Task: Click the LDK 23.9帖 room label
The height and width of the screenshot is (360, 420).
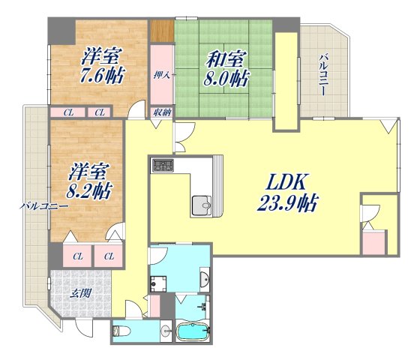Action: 287,192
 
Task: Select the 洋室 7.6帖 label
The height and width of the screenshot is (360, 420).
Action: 103,65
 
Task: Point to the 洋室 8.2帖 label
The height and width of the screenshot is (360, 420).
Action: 89,181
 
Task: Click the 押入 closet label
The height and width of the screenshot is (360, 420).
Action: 162,75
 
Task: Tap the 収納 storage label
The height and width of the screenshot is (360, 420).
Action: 162,112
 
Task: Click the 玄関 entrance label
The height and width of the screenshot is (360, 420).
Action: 79,293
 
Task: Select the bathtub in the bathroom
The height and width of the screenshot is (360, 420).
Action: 193,331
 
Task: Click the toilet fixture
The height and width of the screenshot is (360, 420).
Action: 121,331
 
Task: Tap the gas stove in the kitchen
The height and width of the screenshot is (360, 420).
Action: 163,165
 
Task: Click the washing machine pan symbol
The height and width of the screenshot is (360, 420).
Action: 158,284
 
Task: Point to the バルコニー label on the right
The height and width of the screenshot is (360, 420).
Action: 323,75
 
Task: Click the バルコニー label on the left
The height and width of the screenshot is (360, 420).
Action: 44,206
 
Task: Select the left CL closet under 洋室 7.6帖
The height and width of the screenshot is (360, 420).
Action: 68,112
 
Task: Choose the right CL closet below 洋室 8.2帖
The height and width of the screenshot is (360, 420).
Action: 109,256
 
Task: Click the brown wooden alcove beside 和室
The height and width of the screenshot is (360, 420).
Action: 162,31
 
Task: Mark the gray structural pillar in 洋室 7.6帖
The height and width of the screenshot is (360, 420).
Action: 61,31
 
